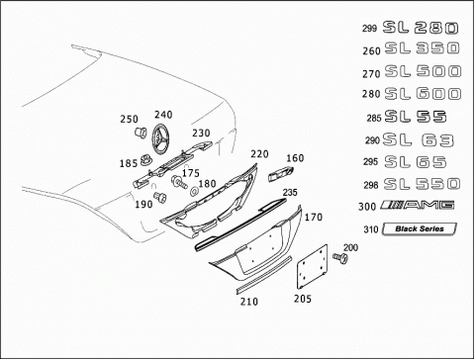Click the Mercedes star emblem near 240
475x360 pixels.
coord(161,138)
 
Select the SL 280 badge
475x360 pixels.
coord(421,28)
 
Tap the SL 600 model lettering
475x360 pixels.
coord(423,94)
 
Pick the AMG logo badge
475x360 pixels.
coord(418,205)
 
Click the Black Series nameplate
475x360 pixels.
coord(420,228)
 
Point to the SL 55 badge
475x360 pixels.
coord(416,117)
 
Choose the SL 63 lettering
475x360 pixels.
coord(419,140)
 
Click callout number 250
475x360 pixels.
coord(129,119)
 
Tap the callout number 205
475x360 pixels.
coord(303,299)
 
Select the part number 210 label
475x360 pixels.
coord(249,302)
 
